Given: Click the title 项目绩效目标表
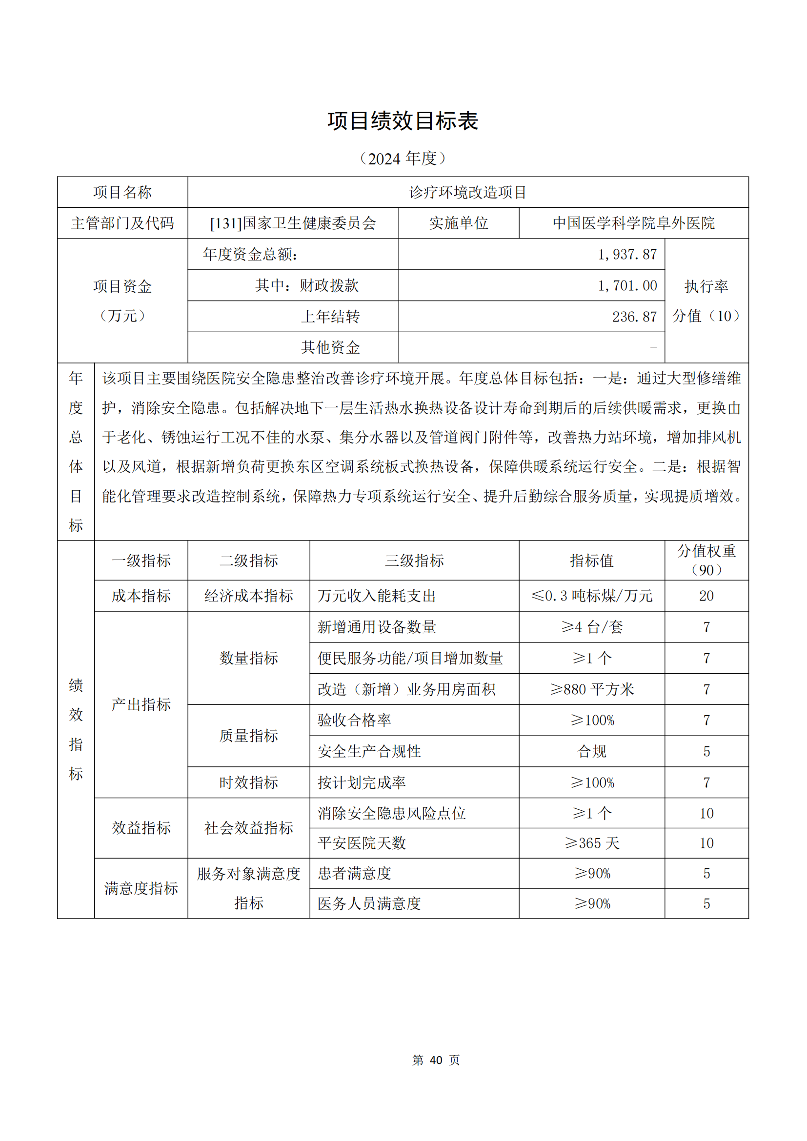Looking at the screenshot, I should tap(403, 121).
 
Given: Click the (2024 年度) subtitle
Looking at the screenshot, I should tap(403, 159).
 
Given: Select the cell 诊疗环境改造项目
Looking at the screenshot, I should tap(467, 192).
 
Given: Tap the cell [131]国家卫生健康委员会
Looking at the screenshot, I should tap(293, 223).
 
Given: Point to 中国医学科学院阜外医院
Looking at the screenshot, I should tap(634, 223).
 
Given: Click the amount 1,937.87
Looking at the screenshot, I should tap(627, 255).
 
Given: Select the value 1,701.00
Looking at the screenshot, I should tap(627, 285).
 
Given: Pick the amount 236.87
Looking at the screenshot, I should tap(634, 317).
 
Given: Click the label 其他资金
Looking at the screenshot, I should tap(330, 347).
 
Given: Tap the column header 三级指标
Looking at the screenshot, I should tap(414, 560).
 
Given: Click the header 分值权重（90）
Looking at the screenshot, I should tap(706, 560).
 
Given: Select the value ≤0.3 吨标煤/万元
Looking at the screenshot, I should tap(591, 596).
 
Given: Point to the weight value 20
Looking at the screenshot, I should tap(706, 596).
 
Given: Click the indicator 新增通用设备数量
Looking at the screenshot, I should tap(377, 627).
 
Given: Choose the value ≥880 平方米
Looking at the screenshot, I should tap(591, 689).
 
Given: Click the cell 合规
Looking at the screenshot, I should tap(591, 751).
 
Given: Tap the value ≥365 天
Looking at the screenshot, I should tap(591, 843).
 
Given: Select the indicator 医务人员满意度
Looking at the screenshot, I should tap(369, 903).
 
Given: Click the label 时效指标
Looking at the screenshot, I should tap(248, 782).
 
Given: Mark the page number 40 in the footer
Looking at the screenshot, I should tap(436, 1060).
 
